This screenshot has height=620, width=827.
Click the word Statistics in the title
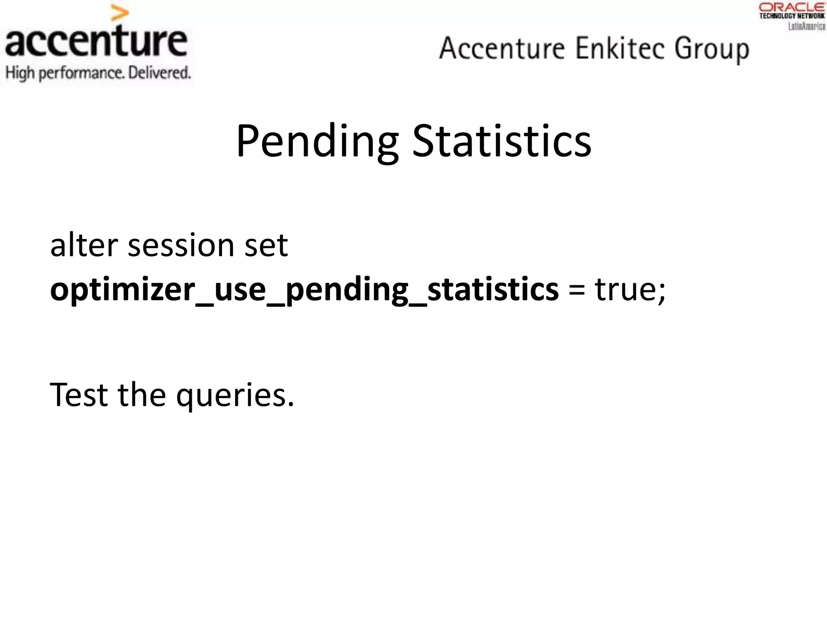point(502,141)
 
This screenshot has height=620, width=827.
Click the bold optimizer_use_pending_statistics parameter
point(304,290)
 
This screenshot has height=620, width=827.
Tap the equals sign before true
point(576,290)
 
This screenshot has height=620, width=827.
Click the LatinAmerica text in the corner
point(806,26)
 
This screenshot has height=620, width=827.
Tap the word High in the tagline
point(20,73)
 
